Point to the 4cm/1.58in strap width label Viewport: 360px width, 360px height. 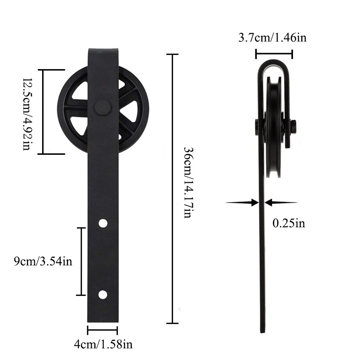click(x=103, y=345)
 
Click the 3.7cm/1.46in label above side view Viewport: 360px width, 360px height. click(x=273, y=37)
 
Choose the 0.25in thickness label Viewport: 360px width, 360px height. click(x=288, y=223)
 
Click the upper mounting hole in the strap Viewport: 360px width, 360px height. click(x=103, y=223)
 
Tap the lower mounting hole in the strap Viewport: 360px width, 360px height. click(x=103, y=295)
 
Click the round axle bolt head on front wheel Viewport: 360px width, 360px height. click(x=103, y=107)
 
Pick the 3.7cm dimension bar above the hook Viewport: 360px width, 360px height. click(x=274, y=54)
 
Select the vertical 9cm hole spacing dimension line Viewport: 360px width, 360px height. click(x=81, y=261)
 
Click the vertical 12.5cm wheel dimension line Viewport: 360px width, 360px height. click(x=44, y=112)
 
